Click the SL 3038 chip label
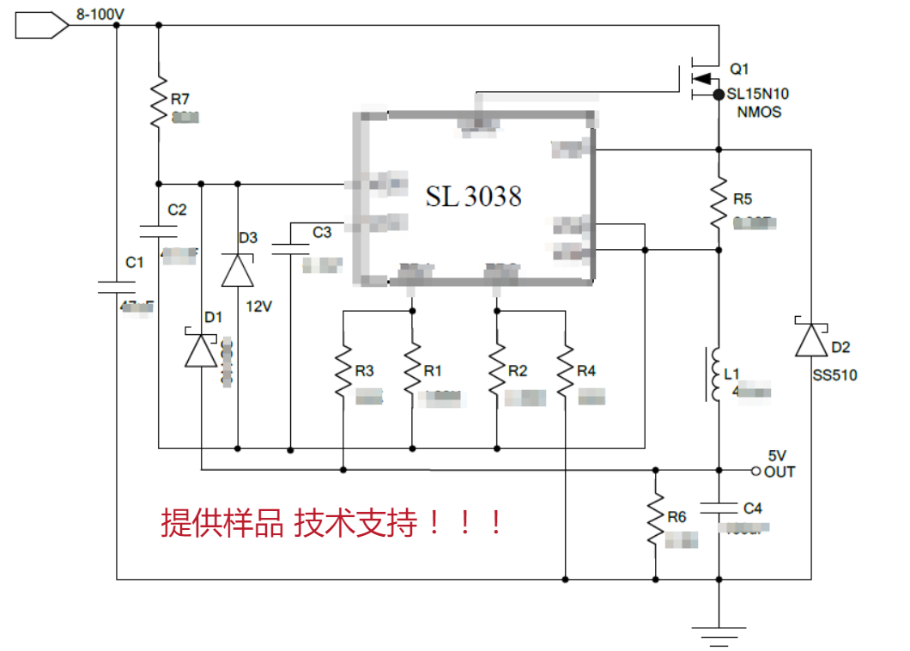pos(473,197)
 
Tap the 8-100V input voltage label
pos(100,13)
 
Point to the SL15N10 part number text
pos(758,94)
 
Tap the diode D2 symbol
pos(810,340)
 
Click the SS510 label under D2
pos(834,375)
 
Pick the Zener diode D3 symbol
pos(238,270)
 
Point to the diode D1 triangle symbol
pos(201,350)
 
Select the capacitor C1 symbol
pos(116,286)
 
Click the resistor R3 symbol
pos(343,370)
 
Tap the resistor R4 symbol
pos(566,370)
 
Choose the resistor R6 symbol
pos(655,519)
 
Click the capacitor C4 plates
pos(719,508)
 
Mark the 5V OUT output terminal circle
pos(755,471)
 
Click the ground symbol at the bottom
pos(719,634)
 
